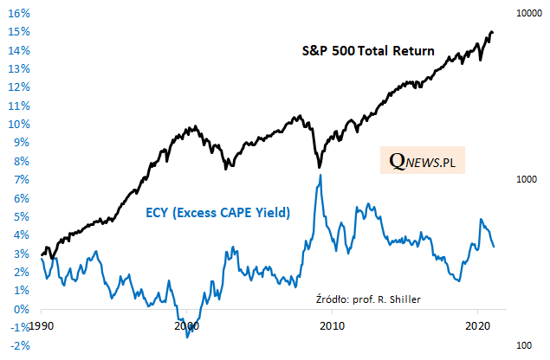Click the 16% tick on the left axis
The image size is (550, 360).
click(x=19, y=14)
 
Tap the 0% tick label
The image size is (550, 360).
click(x=21, y=309)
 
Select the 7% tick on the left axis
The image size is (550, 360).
click(x=21, y=179)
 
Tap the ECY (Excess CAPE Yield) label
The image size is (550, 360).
click(x=215, y=211)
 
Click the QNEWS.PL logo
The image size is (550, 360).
click(x=423, y=160)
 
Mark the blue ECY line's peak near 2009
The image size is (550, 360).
click(x=321, y=176)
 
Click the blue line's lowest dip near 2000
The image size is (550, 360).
click(x=188, y=336)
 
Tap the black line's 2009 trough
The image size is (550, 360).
click(x=319, y=167)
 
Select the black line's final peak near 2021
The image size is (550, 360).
click(x=492, y=32)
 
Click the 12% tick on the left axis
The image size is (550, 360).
click(x=19, y=87)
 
